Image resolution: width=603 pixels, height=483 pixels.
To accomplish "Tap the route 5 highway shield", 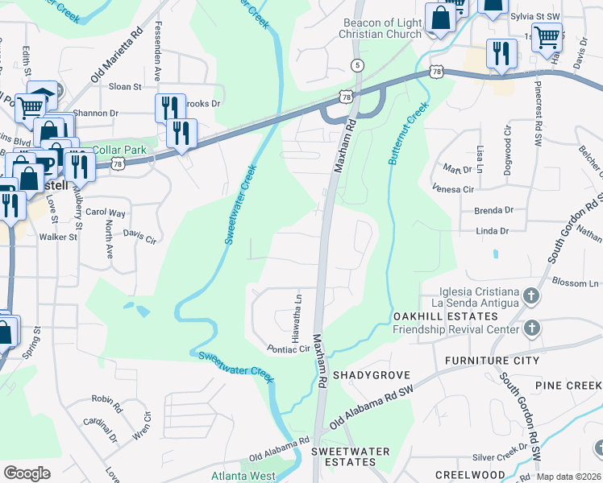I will pyautogui.click(x=356, y=64).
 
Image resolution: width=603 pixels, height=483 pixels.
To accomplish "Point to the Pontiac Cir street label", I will pyautogui.click(x=289, y=349).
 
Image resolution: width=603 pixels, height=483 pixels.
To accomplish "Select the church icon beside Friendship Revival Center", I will pyautogui.click(x=530, y=328).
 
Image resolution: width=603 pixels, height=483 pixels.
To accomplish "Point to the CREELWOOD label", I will pyautogui.click(x=469, y=475).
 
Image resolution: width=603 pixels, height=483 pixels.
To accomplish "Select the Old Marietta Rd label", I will pyautogui.click(x=117, y=56).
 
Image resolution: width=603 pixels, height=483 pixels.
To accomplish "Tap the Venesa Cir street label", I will pyautogui.click(x=452, y=189).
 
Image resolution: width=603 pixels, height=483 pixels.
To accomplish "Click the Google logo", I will pyautogui.click(x=27, y=473).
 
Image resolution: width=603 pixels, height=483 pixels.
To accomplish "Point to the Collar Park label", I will pyautogui.click(x=119, y=150).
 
